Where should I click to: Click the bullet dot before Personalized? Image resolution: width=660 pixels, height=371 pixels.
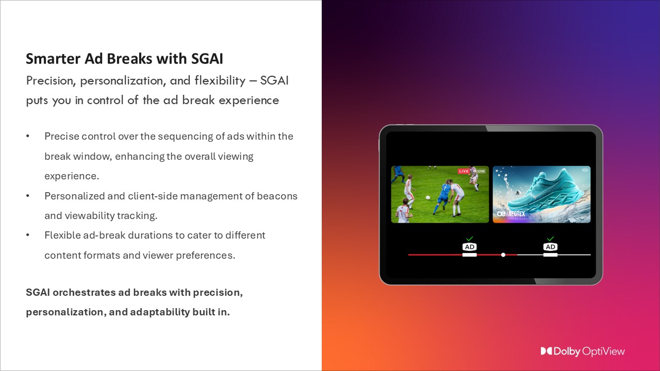pyautogui.click(x=28, y=196)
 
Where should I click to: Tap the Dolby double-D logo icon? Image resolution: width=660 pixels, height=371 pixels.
pyautogui.click(x=547, y=351)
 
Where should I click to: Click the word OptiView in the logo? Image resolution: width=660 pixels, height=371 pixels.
pyautogui.click(x=603, y=351)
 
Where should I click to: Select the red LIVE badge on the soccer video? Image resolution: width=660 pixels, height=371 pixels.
pyautogui.click(x=464, y=171)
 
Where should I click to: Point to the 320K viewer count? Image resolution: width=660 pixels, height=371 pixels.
pyautogui.click(x=480, y=171)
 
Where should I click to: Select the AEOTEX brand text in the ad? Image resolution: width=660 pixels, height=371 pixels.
pyautogui.click(x=516, y=213)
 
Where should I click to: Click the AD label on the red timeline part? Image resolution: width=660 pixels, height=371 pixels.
pyautogui.click(x=469, y=247)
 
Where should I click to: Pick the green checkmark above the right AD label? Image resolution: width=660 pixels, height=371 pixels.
pyautogui.click(x=550, y=239)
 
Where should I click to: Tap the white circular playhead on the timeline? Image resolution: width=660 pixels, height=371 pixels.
pyautogui.click(x=503, y=255)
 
